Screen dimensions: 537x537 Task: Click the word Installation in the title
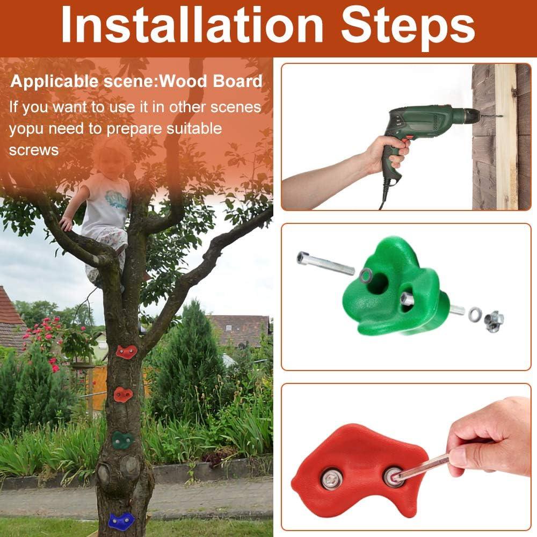tap(192, 25)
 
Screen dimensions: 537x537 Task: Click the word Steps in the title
tap(408, 28)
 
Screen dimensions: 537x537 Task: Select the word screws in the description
tap(34, 150)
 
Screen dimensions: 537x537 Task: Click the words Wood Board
tap(211, 81)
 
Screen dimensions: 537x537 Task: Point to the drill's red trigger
tap(406, 140)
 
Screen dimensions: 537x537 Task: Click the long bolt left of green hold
tap(326, 263)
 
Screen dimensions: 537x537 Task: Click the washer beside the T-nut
tap(475, 314)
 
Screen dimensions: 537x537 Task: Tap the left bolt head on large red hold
tap(331, 479)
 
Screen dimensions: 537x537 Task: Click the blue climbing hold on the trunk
tap(121, 521)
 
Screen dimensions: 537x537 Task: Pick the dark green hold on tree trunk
tap(122, 440)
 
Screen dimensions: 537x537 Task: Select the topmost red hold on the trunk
tap(126, 351)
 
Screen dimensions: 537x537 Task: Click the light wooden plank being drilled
tap(506, 137)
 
